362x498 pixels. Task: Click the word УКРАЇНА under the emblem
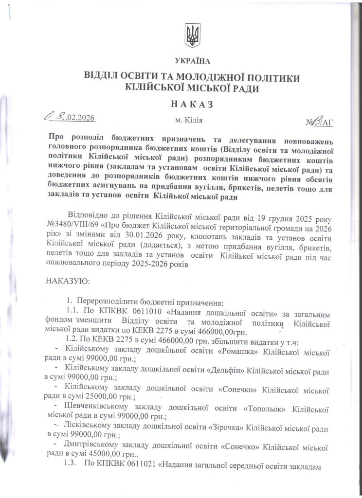(x=192, y=61)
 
